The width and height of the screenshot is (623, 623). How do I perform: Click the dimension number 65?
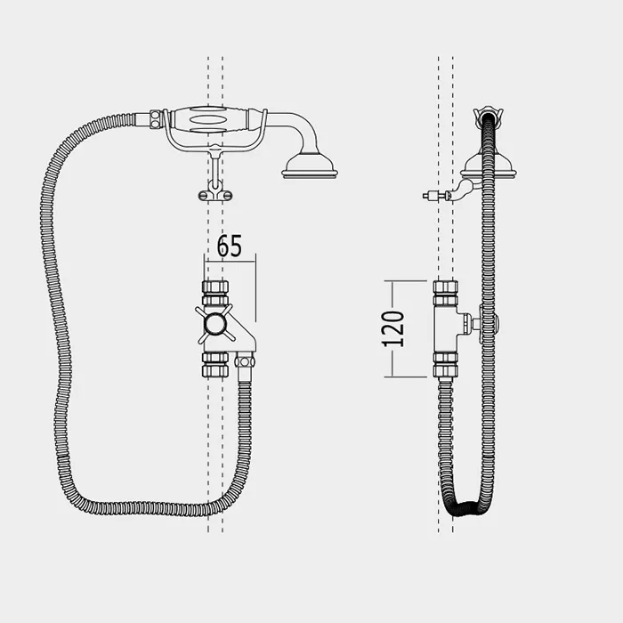point(230,246)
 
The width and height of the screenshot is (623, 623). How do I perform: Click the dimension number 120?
point(393,329)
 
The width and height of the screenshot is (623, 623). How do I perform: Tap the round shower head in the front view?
point(310,167)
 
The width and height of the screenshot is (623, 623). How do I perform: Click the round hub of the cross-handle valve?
point(215,324)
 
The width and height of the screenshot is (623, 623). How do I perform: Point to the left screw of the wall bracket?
point(203,196)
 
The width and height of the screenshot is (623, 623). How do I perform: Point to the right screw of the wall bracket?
point(227,196)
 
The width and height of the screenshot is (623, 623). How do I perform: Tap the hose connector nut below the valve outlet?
point(245,361)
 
